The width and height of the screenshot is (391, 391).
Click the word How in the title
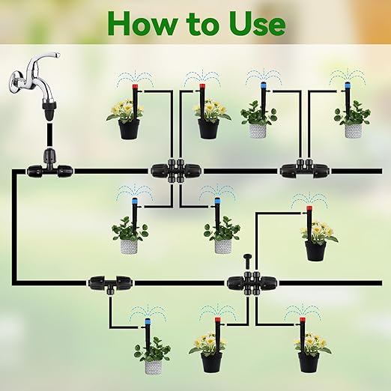(145, 23)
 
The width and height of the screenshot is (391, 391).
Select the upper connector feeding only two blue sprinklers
(299, 170)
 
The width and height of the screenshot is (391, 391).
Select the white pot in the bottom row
(154, 366)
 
